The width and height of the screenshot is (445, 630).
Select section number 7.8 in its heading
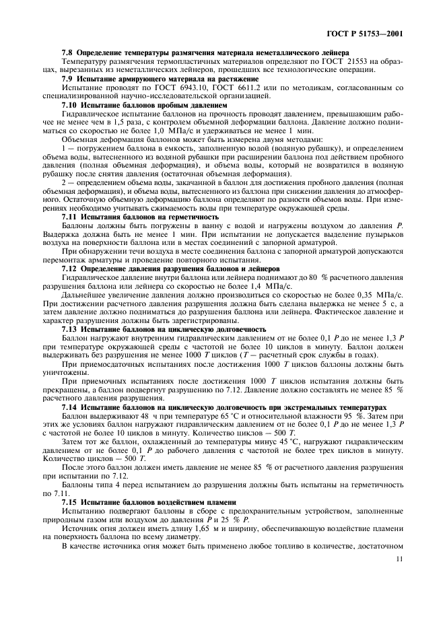(x=67, y=53)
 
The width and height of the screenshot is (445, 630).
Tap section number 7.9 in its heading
(x=67, y=79)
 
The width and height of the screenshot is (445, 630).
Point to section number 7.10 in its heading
(x=69, y=105)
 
